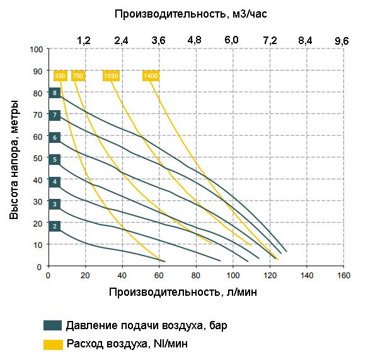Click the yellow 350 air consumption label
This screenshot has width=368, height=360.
point(60,76)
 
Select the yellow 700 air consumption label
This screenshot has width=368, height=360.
point(78,76)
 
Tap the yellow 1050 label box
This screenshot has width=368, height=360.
point(111,76)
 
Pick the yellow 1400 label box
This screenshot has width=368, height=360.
point(151,76)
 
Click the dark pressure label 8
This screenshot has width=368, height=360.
point(55,93)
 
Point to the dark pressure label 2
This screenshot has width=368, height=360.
point(55,226)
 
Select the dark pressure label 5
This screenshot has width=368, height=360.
point(55,160)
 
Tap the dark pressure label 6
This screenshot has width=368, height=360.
point(55,137)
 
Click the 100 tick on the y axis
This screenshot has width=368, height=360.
point(36,49)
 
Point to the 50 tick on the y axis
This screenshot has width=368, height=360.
point(38,159)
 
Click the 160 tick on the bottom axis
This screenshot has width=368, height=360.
point(343,275)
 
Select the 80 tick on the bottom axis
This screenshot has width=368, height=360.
point(196,275)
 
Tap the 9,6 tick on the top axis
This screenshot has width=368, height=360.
point(342,40)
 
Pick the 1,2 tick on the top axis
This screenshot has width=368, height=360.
point(84,40)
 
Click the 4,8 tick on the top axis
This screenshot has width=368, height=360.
point(195,40)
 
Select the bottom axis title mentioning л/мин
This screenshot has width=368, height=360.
point(183,292)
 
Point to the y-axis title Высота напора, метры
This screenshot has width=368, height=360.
point(14,158)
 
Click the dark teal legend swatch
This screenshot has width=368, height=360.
point(53,325)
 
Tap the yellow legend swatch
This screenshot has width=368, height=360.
point(53,344)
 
